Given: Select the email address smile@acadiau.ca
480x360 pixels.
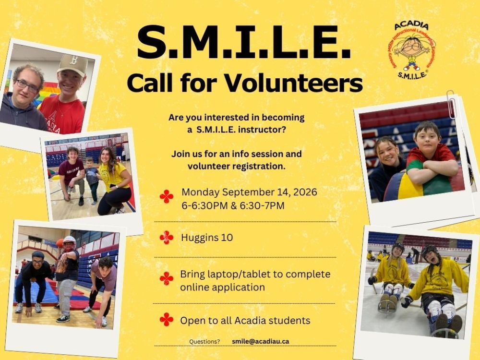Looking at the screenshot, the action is pyautogui.click(x=261, y=341).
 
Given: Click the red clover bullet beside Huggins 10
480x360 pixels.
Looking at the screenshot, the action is pyautogui.click(x=167, y=238).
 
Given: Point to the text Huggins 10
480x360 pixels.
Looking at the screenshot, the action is pyautogui.click(x=207, y=238).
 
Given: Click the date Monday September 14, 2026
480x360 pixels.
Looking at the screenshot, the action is pyautogui.click(x=249, y=192).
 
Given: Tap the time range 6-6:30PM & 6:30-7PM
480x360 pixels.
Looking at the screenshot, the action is pyautogui.click(x=233, y=206).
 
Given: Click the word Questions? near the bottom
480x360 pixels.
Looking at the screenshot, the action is pyautogui.click(x=204, y=342).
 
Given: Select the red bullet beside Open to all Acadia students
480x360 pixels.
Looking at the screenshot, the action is pyautogui.click(x=167, y=320).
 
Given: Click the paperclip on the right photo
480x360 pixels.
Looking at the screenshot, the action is pyautogui.click(x=451, y=104).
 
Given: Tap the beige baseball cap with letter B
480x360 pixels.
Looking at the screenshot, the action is pyautogui.click(x=72, y=64).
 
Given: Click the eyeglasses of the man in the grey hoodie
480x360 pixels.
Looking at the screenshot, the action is pyautogui.click(x=27, y=86).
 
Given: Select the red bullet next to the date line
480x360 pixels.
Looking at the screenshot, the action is pyautogui.click(x=167, y=196).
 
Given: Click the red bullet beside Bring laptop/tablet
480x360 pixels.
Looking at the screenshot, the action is pyautogui.click(x=167, y=278).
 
